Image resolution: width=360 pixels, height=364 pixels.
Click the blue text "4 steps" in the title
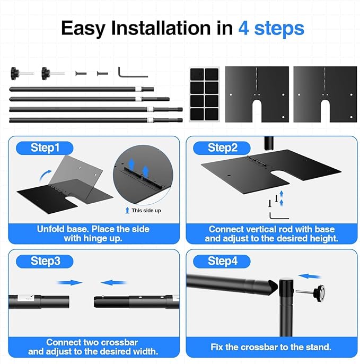click(271, 28)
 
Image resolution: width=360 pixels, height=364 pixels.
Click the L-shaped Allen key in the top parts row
click(126, 72)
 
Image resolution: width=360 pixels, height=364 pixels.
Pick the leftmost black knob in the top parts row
click(15, 72)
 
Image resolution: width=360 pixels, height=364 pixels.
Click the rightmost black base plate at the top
click(325, 93)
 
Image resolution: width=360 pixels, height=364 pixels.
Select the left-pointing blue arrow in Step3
click(114, 283)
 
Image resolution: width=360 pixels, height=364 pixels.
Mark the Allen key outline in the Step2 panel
click(278, 215)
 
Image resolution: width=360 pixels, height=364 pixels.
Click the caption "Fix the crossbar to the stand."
click(271, 347)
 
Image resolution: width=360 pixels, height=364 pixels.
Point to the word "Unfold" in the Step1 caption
click(51, 229)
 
